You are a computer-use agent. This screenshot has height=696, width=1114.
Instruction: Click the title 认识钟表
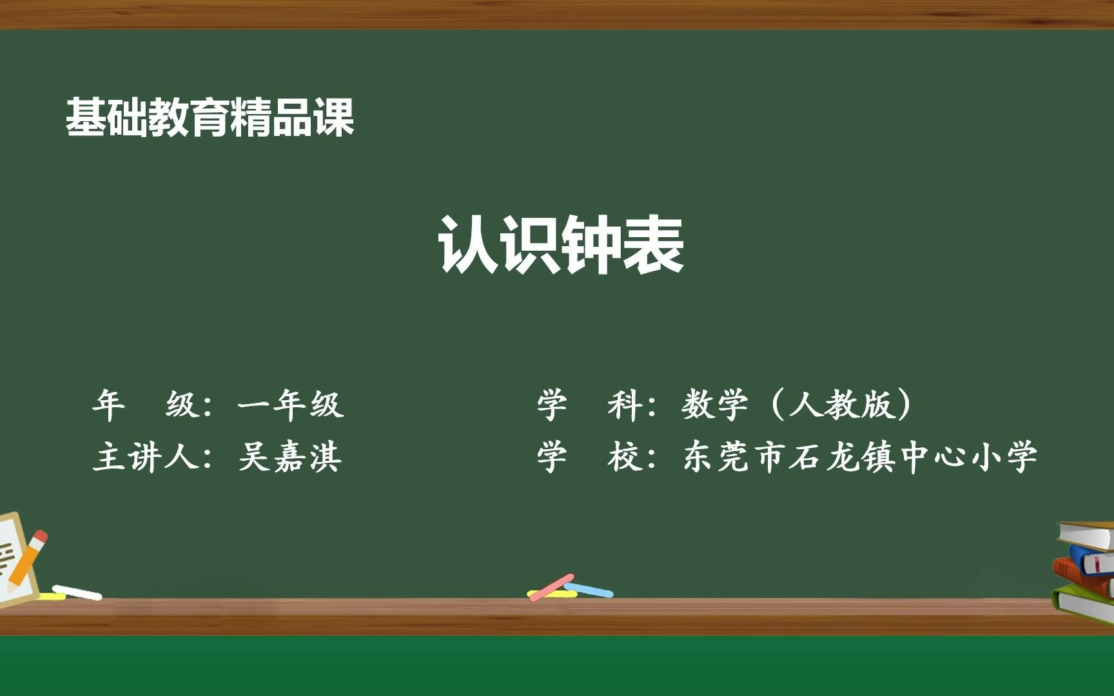coord(561,246)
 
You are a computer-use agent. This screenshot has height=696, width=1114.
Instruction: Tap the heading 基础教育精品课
coord(210,118)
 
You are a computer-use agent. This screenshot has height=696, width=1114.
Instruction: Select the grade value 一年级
coord(290,405)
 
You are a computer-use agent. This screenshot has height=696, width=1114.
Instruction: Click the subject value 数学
coord(714,405)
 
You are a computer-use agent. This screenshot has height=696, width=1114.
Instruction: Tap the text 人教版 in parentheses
coord(841,405)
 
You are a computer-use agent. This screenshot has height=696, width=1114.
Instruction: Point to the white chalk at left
coord(77,592)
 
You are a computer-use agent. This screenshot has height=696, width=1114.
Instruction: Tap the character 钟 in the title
coord(592,246)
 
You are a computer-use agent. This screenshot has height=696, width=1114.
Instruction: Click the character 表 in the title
coord(652,246)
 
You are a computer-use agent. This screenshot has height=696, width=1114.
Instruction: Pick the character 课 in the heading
coord(334,118)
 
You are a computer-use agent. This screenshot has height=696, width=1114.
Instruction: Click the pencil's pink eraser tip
coord(40,536)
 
